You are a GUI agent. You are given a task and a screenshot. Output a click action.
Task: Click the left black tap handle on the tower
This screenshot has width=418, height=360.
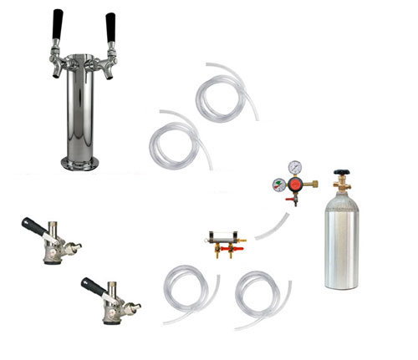(58, 23)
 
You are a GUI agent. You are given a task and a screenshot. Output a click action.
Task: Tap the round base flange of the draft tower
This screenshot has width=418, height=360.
(83, 161)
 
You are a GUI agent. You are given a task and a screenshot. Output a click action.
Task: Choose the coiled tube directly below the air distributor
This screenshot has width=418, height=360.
(191, 292)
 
